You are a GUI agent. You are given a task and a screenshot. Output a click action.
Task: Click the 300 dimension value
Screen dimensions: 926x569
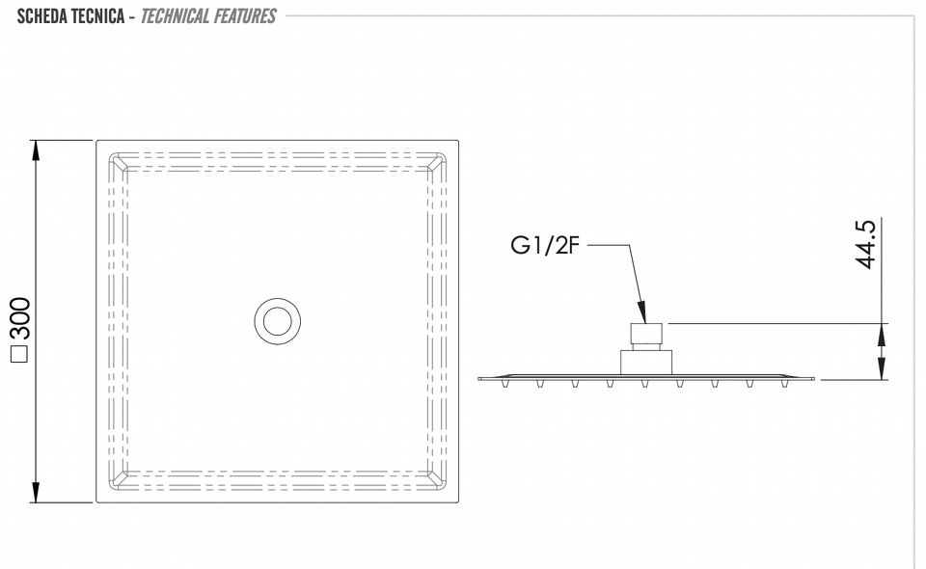[21, 318]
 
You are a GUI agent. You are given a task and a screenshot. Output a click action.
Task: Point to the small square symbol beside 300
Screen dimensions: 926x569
[20, 353]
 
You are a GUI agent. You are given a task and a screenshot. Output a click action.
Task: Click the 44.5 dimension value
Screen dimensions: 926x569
[866, 244]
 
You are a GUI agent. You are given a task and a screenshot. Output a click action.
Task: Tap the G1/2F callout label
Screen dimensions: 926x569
[545, 245]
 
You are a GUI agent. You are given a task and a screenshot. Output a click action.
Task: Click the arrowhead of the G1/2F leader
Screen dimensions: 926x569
[642, 312]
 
